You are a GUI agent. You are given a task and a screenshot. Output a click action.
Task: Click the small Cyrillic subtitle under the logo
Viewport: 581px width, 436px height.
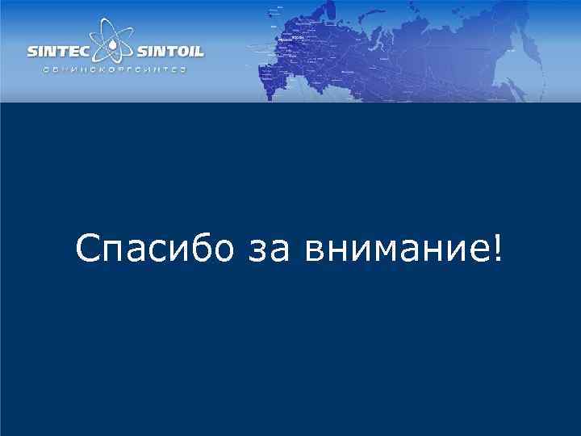[x=115, y=70]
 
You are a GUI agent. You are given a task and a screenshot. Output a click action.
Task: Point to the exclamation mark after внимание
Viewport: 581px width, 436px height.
[x=495, y=249]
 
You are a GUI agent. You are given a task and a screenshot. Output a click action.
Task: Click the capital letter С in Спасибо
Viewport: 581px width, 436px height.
[x=86, y=249]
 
